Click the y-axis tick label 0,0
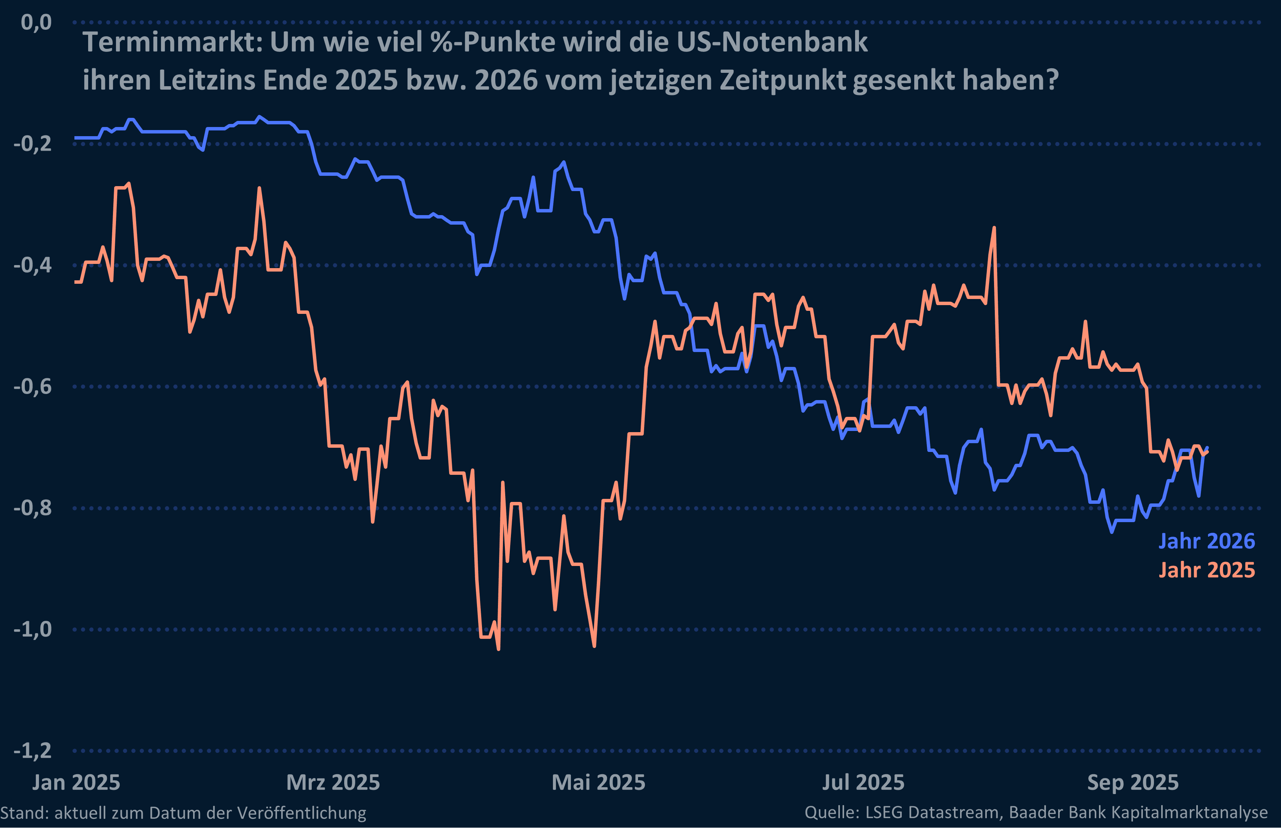36,23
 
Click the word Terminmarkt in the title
172,42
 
